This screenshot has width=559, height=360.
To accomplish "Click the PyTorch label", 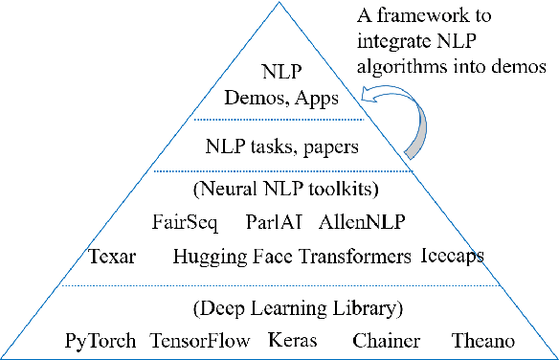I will click(101, 341).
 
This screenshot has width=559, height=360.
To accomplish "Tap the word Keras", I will click(287, 341).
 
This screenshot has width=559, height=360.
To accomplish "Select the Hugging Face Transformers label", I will click(292, 257).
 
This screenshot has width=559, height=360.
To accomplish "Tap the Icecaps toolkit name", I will click(452, 256).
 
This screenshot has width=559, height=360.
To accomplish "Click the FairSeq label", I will click(184, 223).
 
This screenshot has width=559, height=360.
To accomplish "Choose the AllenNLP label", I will click(362, 223).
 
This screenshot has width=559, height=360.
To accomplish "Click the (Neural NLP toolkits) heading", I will click(279, 190).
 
